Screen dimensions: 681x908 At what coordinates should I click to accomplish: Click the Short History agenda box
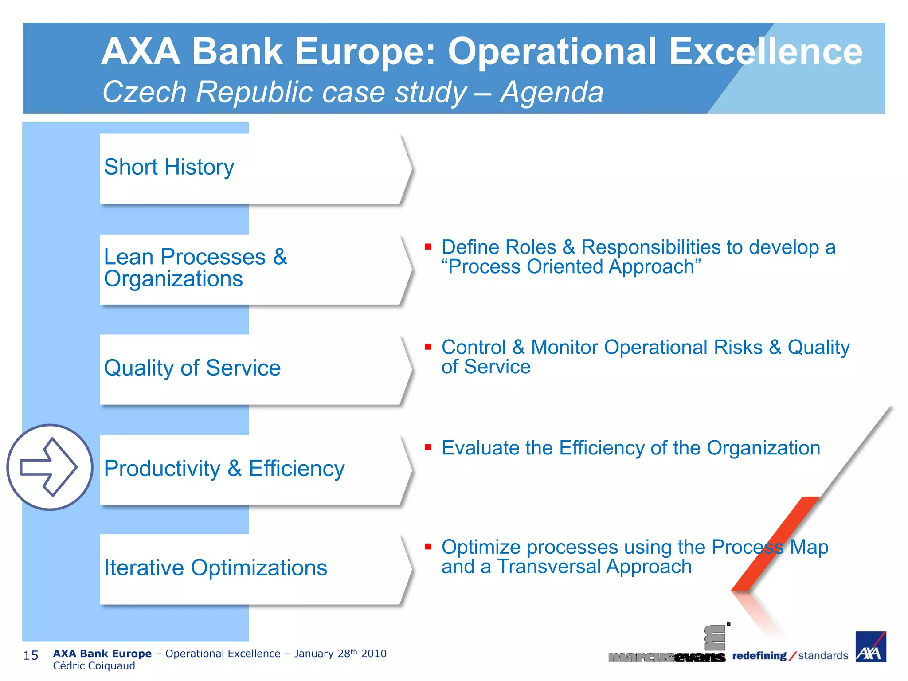pos(253,168)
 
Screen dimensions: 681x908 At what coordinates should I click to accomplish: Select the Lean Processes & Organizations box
pos(253,269)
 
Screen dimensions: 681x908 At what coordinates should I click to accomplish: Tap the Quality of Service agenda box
pos(253,369)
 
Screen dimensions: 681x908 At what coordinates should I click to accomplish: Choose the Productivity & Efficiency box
pos(253,469)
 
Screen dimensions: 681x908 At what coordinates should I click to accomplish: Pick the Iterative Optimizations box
pos(253,568)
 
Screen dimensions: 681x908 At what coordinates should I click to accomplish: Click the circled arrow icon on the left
pos(50,467)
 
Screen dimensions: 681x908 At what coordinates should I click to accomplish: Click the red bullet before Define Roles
pos(428,247)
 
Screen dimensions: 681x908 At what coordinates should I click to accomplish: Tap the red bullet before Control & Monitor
pos(428,347)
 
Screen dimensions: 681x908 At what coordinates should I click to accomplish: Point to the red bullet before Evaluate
pos(428,447)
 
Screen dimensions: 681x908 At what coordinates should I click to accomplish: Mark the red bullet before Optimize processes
pos(428,547)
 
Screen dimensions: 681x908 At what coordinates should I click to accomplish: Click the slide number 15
pos(31,655)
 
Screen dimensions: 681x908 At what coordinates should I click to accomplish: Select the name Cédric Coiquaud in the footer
pos(94,666)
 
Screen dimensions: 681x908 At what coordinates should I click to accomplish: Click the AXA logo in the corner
pos(870,647)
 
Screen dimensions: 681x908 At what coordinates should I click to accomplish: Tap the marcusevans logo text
pos(666,657)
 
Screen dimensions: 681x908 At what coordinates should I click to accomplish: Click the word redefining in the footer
pos(759,655)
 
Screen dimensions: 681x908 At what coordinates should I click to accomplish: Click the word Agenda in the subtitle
pos(552,92)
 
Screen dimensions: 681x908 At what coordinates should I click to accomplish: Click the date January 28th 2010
pos(340,654)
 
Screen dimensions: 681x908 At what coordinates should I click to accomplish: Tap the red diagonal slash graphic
pos(776,543)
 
